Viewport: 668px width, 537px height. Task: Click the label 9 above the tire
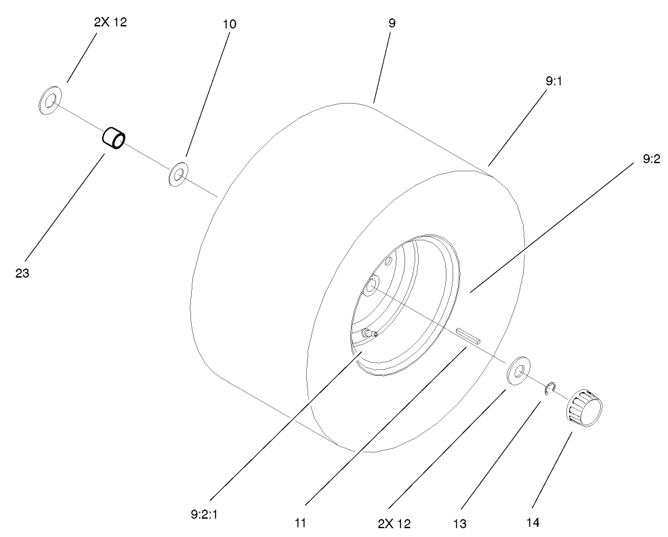click(x=392, y=23)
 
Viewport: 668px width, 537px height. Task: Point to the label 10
click(x=229, y=24)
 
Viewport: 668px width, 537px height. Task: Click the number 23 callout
click(x=22, y=274)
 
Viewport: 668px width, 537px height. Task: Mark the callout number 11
click(x=299, y=522)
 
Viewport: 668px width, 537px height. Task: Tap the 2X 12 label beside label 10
click(x=110, y=22)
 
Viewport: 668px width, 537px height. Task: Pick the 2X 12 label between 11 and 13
click(x=394, y=523)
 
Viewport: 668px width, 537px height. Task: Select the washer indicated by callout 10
click(x=178, y=175)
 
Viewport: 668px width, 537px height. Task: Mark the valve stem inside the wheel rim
click(x=369, y=332)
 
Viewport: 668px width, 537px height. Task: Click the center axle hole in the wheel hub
click(x=370, y=288)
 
